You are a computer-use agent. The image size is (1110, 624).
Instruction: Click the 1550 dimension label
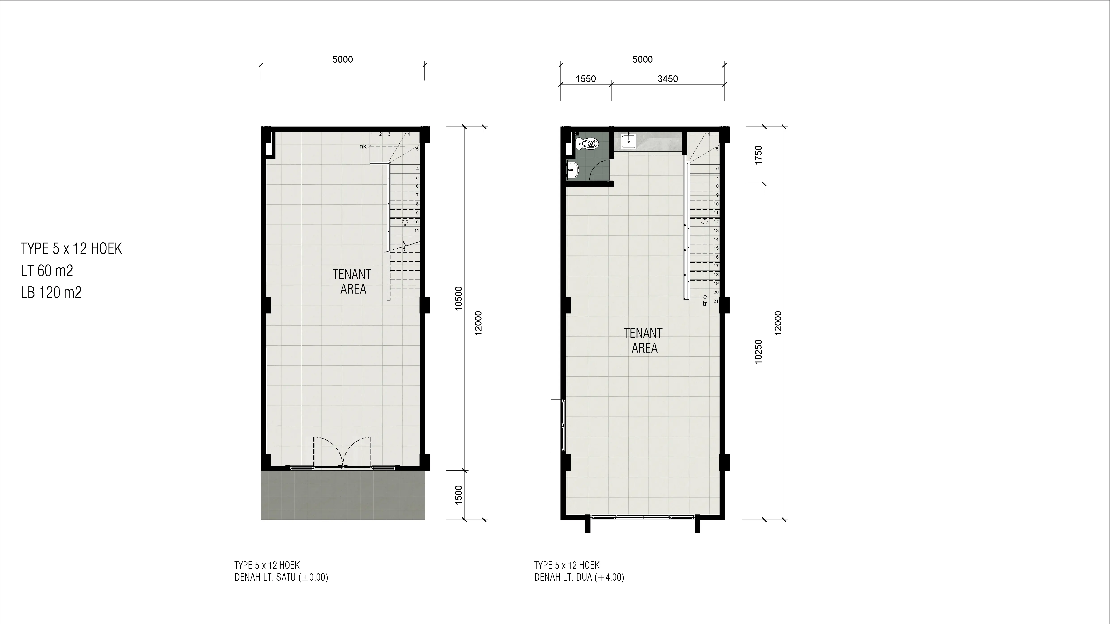click(x=586, y=79)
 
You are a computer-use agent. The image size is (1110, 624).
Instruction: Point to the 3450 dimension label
click(x=667, y=79)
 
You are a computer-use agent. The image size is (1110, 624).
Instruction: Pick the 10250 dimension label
click(x=758, y=352)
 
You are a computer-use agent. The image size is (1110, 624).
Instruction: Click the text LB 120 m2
click(x=51, y=292)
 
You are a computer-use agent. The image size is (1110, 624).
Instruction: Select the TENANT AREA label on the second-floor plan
click(x=643, y=340)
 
